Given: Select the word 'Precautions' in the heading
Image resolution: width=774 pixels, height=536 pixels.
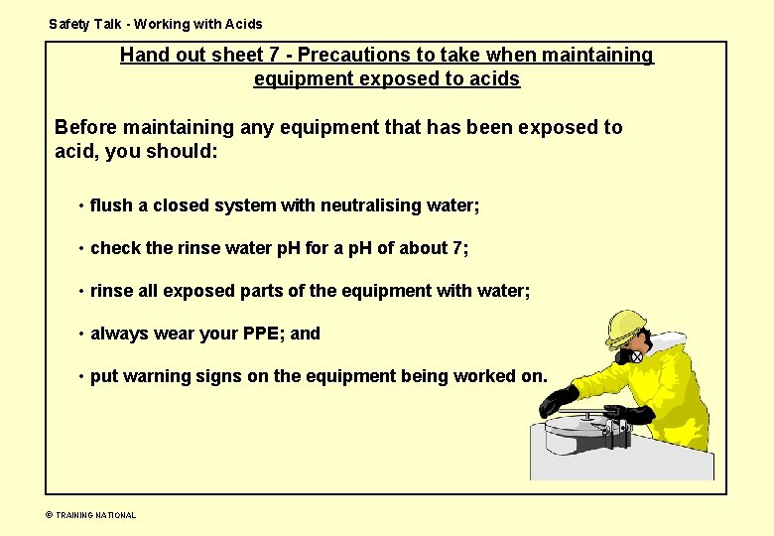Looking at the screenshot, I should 349,56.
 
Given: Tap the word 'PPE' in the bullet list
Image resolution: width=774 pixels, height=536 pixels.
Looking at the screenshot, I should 263,334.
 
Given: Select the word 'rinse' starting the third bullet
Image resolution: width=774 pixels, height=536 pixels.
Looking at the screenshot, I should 111,291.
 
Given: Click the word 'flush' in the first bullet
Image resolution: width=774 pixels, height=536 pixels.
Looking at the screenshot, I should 111,205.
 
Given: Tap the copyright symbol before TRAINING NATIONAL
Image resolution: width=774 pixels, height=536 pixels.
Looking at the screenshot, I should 49,515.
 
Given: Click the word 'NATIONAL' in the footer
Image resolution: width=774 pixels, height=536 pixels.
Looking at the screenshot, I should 115,515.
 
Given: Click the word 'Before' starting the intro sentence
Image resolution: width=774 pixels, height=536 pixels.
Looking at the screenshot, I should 85,127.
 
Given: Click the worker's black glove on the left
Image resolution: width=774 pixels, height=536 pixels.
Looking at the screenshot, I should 559,400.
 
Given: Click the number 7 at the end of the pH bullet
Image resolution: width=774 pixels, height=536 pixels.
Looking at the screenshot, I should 457,248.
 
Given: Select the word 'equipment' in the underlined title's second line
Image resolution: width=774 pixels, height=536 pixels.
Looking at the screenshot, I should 300,78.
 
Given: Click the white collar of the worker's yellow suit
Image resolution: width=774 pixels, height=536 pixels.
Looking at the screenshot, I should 667,343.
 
